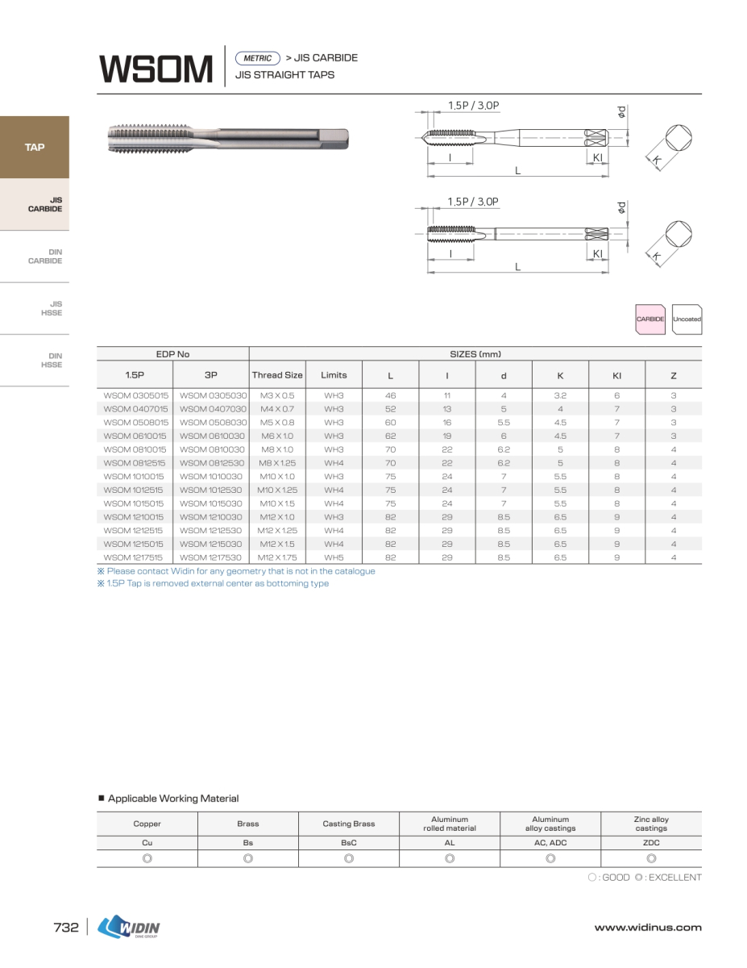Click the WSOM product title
[156, 69]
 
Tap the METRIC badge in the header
[257, 58]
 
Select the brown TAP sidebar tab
[35, 148]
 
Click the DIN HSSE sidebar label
[51, 360]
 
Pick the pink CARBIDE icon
[650, 319]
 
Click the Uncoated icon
[687, 319]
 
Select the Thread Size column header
[277, 375]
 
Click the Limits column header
[334, 375]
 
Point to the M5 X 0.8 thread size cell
[277, 423]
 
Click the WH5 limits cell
[334, 557]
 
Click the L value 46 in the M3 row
[391, 396]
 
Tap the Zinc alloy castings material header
[651, 824]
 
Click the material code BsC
[349, 842]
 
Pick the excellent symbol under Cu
[147, 858]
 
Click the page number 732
[66, 928]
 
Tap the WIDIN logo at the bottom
[129, 928]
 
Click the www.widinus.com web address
[648, 928]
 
